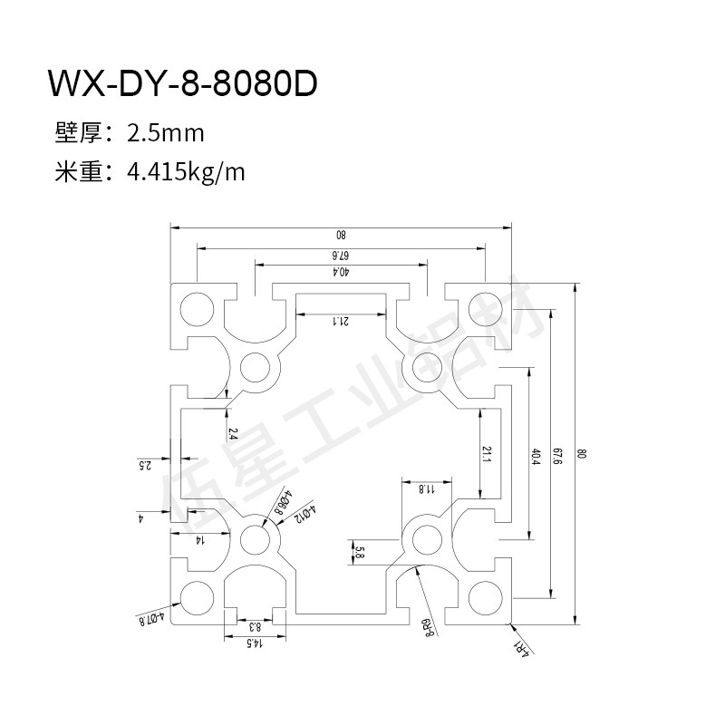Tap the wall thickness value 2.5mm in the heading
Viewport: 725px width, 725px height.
tap(166, 133)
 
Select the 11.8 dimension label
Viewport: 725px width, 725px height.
tap(427, 489)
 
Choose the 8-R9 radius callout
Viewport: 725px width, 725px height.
tap(428, 626)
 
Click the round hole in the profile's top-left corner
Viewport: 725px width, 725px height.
tap(195, 308)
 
